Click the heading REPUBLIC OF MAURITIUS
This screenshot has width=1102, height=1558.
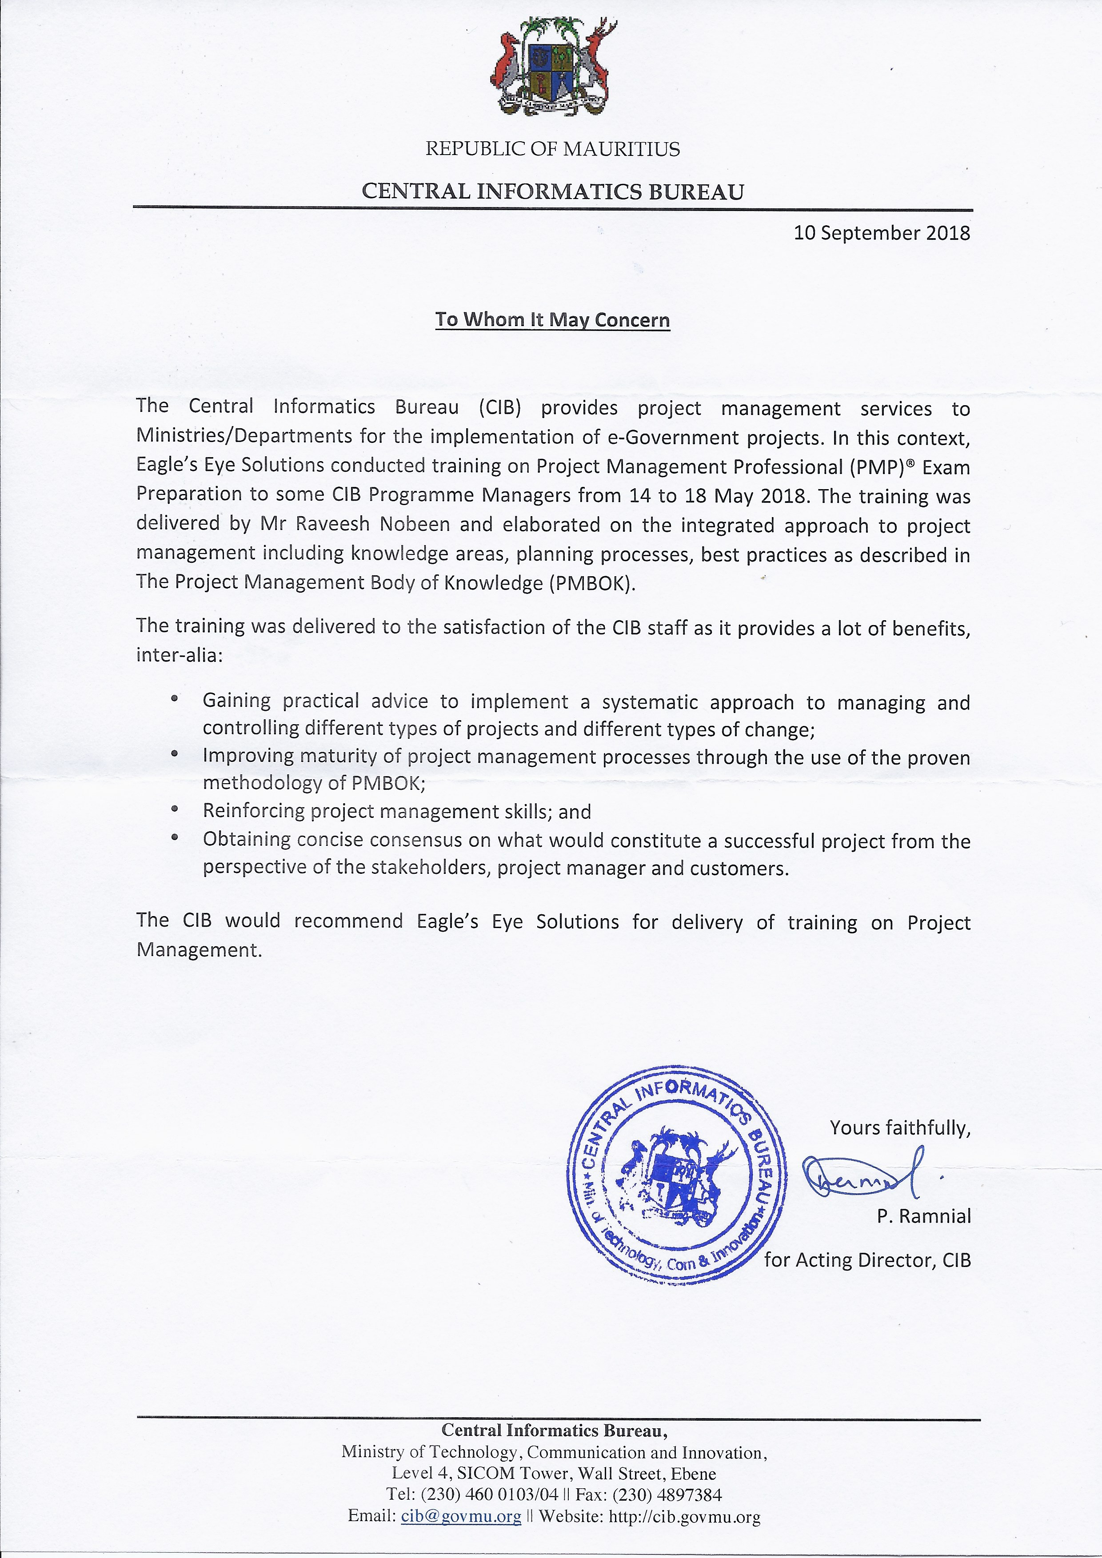pyautogui.click(x=552, y=149)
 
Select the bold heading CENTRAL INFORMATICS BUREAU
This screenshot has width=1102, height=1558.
pyautogui.click(x=552, y=191)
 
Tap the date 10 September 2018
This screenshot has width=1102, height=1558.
pyautogui.click(x=882, y=233)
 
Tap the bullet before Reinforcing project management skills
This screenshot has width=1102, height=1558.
pyautogui.click(x=175, y=809)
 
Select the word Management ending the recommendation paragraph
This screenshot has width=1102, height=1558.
pyautogui.click(x=198, y=950)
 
